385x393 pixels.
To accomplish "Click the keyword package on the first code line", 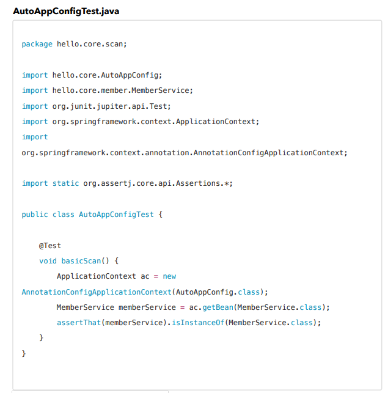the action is tap(37, 44).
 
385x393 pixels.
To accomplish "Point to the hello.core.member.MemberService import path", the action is tap(122, 90).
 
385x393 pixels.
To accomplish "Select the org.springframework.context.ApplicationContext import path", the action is tap(155, 121).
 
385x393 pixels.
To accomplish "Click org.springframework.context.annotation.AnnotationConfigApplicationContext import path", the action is tap(183, 152).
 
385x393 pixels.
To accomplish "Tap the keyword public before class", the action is tap(34, 215).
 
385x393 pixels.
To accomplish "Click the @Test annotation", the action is tap(50, 246).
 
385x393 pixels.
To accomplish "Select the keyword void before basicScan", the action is tap(48, 261).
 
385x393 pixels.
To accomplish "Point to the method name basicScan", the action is tap(81, 261).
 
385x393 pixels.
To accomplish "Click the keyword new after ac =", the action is tap(169, 276).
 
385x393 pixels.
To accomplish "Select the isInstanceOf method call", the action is tap(197, 322).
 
